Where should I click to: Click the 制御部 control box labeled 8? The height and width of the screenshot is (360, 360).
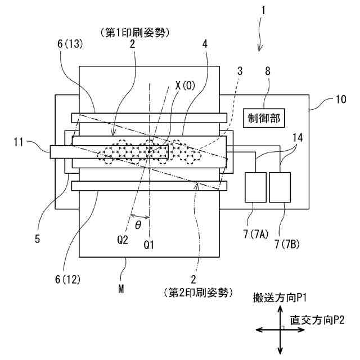pos(263,118)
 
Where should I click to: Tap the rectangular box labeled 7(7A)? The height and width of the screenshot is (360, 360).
pos(256,187)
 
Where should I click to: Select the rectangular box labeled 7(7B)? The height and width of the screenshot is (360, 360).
pos(280,187)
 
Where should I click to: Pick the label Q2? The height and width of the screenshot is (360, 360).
pos(123,239)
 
